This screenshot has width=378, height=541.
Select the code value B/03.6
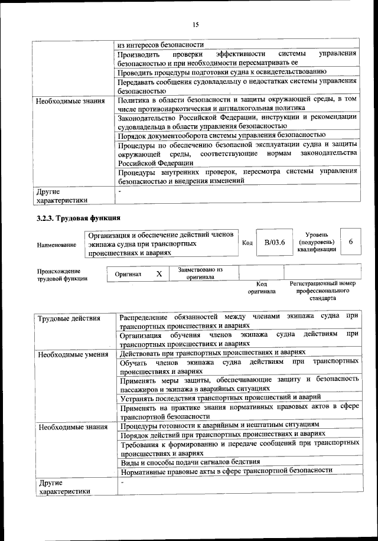pyautogui.click(x=275, y=242)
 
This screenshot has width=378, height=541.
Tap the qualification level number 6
pyautogui.click(x=351, y=242)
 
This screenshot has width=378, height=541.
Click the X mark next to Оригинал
pyautogui.click(x=159, y=274)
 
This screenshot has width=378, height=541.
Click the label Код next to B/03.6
pyautogui.click(x=247, y=242)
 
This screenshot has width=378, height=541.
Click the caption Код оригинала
pyautogui.click(x=262, y=288)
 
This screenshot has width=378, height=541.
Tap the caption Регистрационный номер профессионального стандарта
pyautogui.click(x=322, y=291)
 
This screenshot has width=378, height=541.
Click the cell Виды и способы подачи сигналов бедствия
pyautogui.click(x=189, y=461)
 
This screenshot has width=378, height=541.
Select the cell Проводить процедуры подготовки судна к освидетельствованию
pyautogui.click(x=218, y=72)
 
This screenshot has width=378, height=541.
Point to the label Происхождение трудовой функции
pyautogui.click(x=62, y=274)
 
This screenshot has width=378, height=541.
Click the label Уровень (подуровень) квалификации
pyautogui.click(x=317, y=242)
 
